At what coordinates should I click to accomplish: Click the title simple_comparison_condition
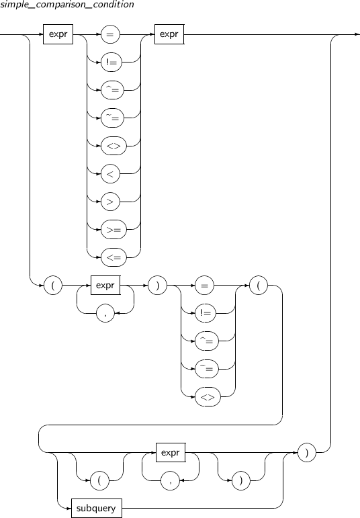(67, 5)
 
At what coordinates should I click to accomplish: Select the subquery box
(97, 508)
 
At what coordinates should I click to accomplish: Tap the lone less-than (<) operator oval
(110, 173)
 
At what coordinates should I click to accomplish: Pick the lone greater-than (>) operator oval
(110, 202)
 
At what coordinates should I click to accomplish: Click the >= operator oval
(114, 229)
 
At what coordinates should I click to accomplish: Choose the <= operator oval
(114, 257)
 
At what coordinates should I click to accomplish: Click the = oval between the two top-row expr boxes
(110, 34)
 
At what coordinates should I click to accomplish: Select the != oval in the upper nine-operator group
(111, 62)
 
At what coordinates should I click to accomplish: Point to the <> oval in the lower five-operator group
(208, 397)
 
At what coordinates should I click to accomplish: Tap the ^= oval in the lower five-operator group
(207, 341)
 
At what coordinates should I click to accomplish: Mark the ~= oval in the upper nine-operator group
(112, 118)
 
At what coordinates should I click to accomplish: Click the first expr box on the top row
(58, 34)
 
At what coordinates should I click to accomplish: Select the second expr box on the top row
(169, 34)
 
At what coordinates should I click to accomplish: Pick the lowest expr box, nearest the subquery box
(171, 453)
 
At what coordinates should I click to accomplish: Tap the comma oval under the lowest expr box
(170, 480)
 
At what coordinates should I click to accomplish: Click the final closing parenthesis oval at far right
(307, 453)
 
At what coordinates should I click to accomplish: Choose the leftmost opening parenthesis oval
(53, 285)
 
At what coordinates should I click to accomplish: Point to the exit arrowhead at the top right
(358, 34)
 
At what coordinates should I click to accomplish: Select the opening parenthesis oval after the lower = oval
(259, 285)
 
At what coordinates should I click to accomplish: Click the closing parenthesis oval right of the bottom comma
(240, 480)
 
